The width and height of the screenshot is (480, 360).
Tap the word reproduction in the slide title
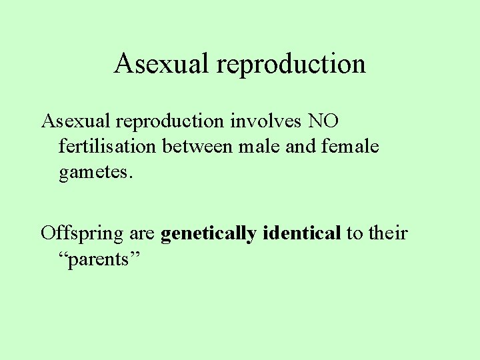pyautogui.click(x=291, y=64)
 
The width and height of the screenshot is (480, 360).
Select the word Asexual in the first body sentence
pyautogui.click(x=75, y=121)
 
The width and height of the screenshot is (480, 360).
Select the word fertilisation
pyautogui.click(x=109, y=147)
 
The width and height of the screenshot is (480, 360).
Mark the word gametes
pyautogui.click(x=93, y=173)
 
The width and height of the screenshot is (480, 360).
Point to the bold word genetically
pyautogui.click(x=209, y=234)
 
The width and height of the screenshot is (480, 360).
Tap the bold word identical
pyautogui.click(x=302, y=234)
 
